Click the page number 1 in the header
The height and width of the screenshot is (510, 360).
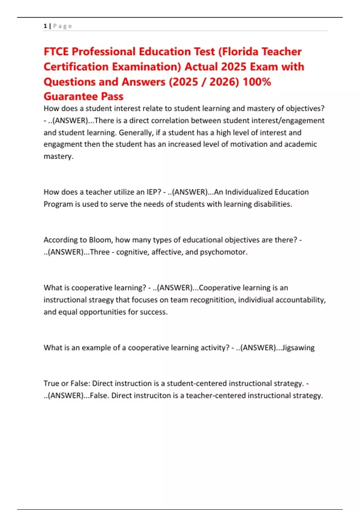(45, 26)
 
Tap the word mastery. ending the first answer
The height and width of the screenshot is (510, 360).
(58, 156)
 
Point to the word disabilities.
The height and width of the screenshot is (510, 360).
(273, 204)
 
